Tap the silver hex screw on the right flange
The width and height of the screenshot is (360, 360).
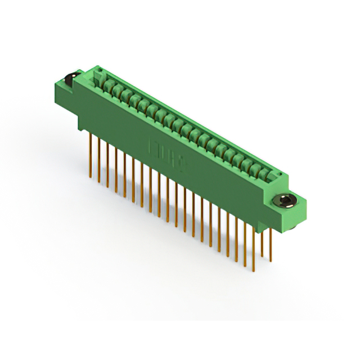[x=284, y=201]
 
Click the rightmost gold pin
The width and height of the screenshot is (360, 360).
[x=270, y=244]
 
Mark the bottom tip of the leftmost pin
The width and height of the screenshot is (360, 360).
[x=91, y=178]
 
